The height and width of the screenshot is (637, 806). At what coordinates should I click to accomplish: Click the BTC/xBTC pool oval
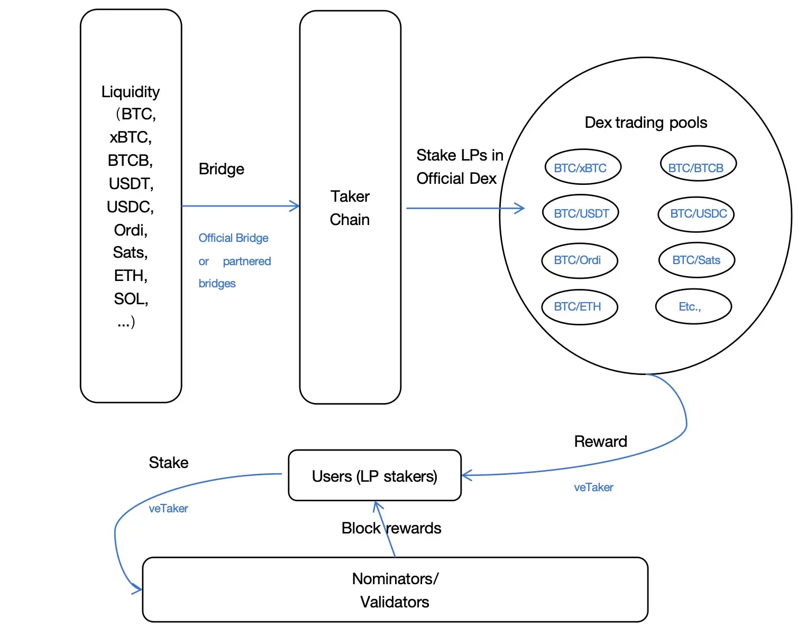(x=582, y=167)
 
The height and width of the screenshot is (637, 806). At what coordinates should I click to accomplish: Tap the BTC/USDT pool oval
(x=581, y=213)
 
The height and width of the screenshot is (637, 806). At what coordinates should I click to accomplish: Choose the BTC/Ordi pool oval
(x=579, y=260)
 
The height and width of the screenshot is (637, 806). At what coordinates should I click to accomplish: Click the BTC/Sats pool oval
(x=697, y=260)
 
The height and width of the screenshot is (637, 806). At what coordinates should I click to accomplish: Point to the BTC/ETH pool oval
(x=579, y=307)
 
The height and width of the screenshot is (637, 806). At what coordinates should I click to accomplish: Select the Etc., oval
(x=693, y=306)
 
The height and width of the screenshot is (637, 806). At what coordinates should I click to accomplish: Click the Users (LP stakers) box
(x=374, y=476)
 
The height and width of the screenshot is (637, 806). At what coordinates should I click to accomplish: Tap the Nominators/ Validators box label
(x=395, y=590)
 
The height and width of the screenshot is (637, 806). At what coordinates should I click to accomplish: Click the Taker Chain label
(x=350, y=208)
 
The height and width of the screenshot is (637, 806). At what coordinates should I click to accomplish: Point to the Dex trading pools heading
(x=646, y=123)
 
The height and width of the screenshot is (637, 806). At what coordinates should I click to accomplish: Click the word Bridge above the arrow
(x=221, y=169)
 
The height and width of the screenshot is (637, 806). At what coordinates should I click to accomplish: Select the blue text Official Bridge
(x=233, y=238)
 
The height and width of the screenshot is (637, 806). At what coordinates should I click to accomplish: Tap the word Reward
(x=600, y=442)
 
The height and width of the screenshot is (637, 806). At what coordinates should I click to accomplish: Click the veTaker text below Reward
(x=593, y=488)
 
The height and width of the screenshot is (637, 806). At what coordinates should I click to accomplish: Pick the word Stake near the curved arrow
(x=168, y=463)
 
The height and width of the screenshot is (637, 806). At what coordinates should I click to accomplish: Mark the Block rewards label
(x=391, y=528)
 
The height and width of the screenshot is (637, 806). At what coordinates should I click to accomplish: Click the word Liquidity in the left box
(x=130, y=92)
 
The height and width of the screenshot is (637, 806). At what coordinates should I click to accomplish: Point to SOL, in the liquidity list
(x=131, y=299)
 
